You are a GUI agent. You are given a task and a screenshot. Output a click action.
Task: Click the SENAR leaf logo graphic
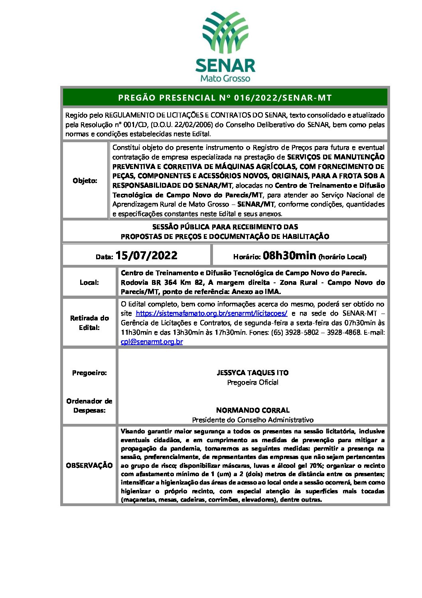click(x=225, y=32)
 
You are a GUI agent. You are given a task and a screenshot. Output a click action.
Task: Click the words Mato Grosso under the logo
click(x=225, y=78)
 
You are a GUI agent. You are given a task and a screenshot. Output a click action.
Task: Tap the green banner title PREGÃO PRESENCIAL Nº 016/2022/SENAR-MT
click(x=225, y=97)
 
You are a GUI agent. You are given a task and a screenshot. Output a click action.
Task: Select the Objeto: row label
click(x=85, y=181)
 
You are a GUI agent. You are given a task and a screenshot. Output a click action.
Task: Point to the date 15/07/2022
click(x=146, y=256)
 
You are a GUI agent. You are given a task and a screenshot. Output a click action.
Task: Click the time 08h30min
click(x=290, y=256)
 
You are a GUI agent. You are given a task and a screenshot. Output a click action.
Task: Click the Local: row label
click(x=89, y=282)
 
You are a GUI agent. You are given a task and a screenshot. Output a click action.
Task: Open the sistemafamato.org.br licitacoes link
click(x=211, y=314)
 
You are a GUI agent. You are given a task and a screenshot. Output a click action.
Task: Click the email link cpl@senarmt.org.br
click(x=152, y=342)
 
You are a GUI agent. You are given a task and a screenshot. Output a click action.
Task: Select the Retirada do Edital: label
click(x=89, y=323)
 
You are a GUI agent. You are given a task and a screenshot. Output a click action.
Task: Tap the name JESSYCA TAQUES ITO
click(x=252, y=373)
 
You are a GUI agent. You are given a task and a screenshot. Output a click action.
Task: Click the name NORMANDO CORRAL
click(x=252, y=410)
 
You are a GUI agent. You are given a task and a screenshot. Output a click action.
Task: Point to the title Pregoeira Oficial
click(x=252, y=382)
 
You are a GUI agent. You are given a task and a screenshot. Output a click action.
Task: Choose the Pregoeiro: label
click(x=89, y=373)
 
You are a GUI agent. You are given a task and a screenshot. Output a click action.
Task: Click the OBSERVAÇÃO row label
click(x=89, y=465)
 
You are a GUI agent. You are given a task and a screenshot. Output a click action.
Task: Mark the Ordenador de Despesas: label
click(x=89, y=405)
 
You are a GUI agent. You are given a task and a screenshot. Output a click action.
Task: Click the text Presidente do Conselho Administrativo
click(x=252, y=420)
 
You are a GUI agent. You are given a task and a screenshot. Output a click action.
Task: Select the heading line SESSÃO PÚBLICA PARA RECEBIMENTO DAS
click(x=225, y=227)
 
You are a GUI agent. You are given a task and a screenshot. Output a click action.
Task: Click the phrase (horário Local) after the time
click(x=343, y=257)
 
